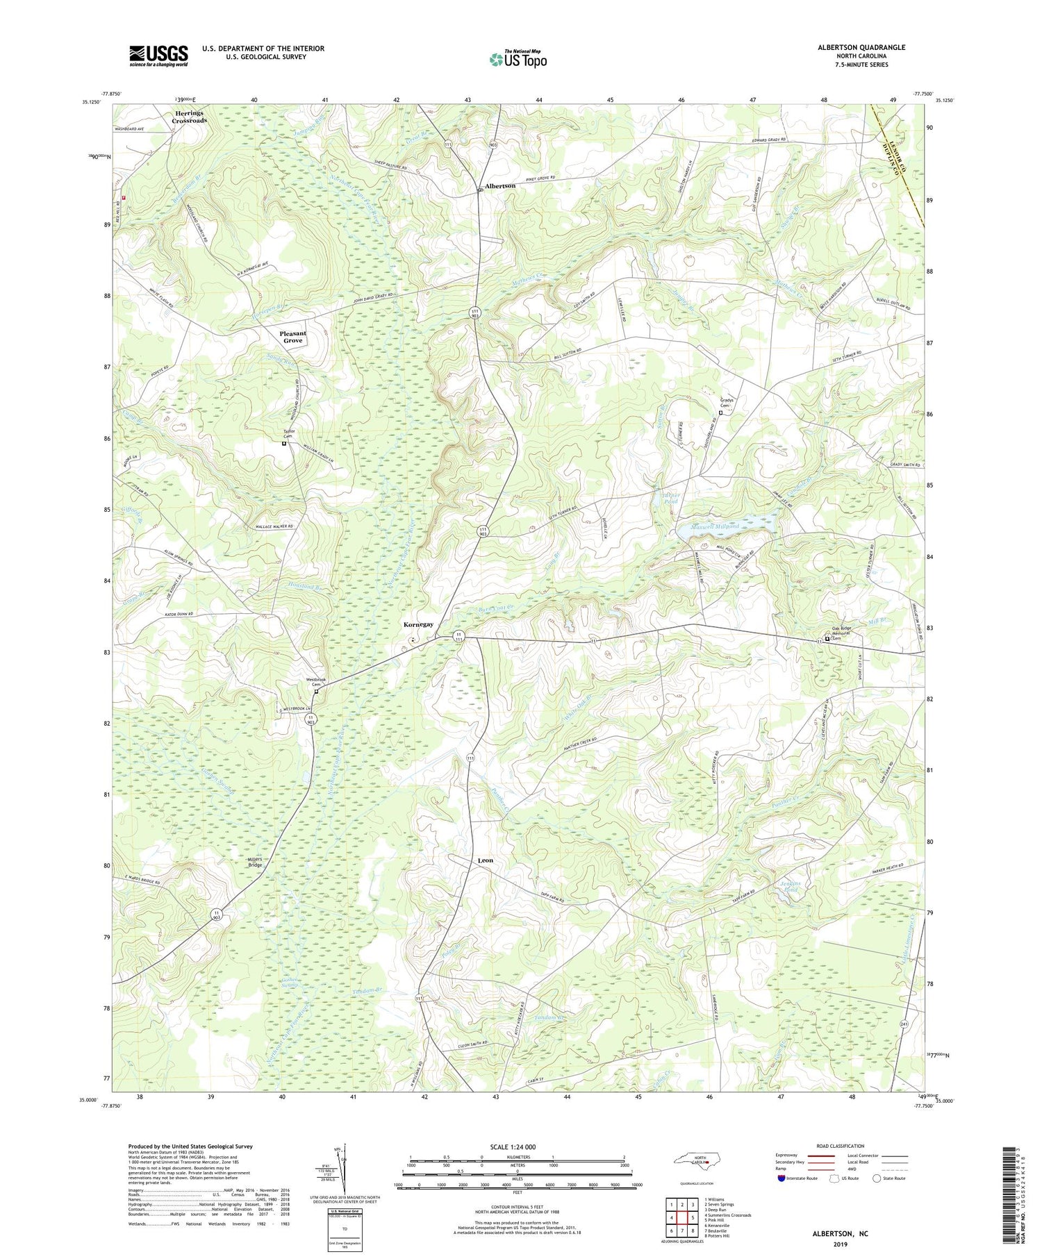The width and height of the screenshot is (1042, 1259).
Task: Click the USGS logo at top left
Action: pos(158,56)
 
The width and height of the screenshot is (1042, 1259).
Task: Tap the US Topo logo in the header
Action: pos(518,60)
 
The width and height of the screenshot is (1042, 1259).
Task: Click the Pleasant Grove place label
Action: pos(292,337)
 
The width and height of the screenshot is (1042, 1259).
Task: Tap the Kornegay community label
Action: pos(418,624)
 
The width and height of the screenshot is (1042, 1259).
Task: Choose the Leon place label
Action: pos(486,860)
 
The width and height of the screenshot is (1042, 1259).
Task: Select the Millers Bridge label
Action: pos(255,862)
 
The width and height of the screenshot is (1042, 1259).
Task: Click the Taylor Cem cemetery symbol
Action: pos(284,443)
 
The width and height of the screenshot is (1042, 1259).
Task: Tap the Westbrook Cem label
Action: pos(316,682)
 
